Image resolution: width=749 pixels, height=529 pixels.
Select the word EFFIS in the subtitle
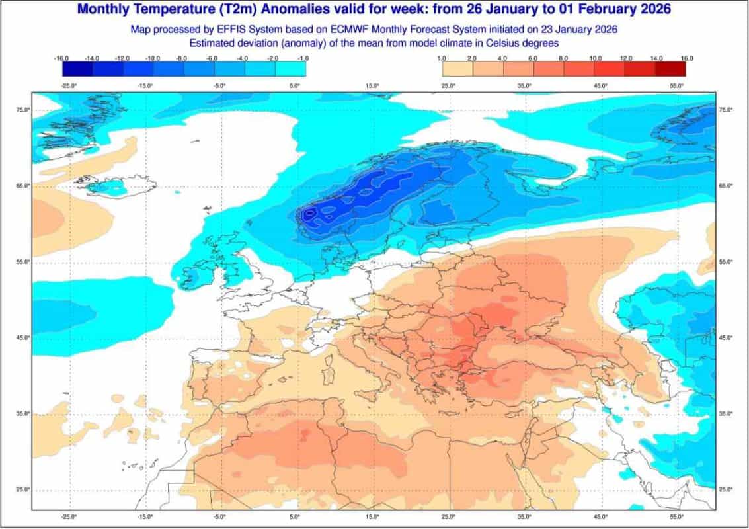(x=236, y=30)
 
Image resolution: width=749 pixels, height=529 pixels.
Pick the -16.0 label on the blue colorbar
(x=62, y=58)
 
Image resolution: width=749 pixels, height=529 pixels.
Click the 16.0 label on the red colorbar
(x=687, y=58)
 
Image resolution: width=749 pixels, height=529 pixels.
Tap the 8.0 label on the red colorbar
(x=564, y=58)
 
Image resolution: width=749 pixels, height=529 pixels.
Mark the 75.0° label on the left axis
(x=22, y=110)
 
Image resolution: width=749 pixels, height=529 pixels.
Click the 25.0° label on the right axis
(x=727, y=489)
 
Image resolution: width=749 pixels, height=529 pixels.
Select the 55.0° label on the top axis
(x=676, y=86)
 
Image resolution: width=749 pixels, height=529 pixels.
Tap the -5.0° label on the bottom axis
(x=219, y=517)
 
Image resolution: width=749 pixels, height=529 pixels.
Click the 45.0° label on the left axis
(x=22, y=338)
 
